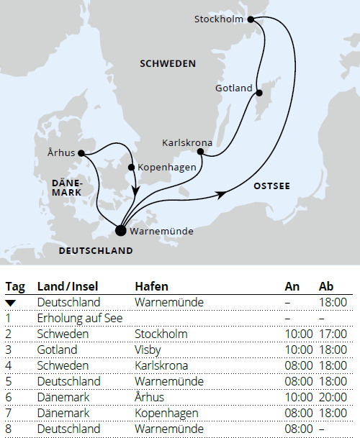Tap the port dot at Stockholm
coord(251,20)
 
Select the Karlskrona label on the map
coord(187,142)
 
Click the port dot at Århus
coord(81,152)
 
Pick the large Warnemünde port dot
coord(120,230)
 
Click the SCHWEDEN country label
coord(167,64)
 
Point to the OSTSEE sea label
coord(271,186)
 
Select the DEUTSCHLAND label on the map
coord(96,251)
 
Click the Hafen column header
coord(152,287)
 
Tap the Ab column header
coord(326,287)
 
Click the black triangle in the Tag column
coord(12,303)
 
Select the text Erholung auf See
coord(78,318)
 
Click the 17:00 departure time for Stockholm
coord(332,334)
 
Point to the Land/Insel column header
coord(66,287)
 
